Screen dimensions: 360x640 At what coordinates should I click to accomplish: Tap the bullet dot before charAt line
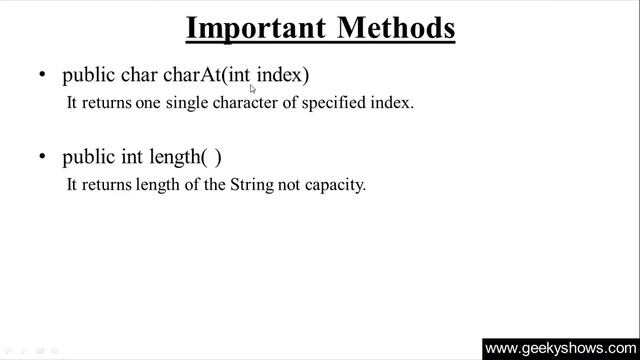click(42, 75)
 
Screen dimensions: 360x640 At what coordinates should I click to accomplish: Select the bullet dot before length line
click(42, 157)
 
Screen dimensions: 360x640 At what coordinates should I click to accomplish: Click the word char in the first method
click(139, 75)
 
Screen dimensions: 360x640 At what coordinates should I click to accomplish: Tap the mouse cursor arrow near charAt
click(253, 88)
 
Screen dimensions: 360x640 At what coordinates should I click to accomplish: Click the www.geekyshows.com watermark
click(560, 348)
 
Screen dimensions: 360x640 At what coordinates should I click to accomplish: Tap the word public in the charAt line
click(89, 75)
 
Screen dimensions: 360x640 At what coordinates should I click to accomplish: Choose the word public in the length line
click(89, 157)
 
